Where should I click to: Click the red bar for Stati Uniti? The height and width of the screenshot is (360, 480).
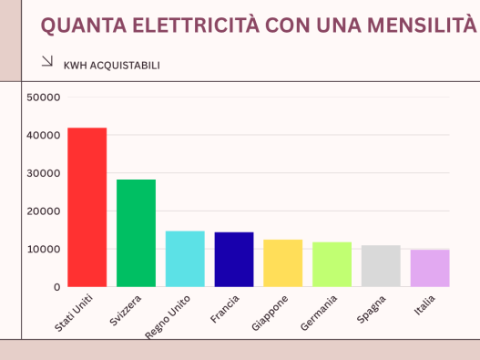87,208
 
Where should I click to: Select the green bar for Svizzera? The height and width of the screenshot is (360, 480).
137,233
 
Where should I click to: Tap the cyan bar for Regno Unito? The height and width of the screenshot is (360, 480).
185,259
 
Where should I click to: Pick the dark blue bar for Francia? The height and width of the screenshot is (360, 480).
234,260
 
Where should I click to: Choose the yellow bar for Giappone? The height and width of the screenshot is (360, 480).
283,263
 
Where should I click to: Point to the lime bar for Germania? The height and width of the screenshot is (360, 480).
332,264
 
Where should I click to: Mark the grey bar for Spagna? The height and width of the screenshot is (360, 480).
381,266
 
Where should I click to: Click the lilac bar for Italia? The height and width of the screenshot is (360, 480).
430,268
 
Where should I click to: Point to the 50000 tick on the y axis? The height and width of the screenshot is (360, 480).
44,98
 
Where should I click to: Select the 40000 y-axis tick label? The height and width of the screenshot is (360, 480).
44,135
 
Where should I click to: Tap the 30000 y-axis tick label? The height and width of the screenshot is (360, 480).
44,173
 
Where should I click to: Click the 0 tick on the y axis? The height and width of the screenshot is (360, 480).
57,287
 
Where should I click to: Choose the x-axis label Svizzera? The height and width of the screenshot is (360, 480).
125,311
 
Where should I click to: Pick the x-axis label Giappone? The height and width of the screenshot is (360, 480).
270,314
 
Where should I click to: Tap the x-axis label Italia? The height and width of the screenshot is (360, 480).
424,305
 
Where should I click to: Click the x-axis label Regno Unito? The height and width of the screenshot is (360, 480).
168,317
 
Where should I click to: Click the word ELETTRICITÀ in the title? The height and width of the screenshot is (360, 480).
196,25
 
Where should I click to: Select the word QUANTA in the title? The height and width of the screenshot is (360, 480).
84,26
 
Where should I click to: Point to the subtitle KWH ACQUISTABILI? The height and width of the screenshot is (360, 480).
112,66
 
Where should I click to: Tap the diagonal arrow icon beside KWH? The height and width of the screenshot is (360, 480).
47,61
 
